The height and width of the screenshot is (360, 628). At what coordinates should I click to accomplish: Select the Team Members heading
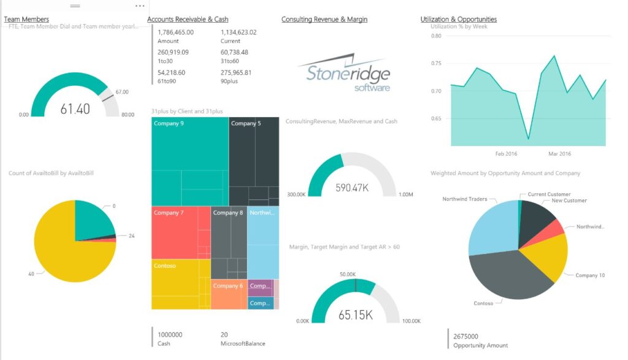[x=26, y=20]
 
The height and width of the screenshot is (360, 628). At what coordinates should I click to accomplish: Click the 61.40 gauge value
[x=75, y=109]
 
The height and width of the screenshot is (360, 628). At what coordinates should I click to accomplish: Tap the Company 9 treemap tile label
[x=169, y=124]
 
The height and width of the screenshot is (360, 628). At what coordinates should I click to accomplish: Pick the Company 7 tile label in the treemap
[x=169, y=213]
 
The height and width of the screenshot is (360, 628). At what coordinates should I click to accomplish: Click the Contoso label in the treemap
[x=165, y=266]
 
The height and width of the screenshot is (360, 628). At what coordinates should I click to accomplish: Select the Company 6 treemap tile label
[x=228, y=286]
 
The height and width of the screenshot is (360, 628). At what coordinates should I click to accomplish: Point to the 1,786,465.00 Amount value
[x=175, y=33]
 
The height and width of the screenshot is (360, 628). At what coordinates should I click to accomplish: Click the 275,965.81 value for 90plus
[x=236, y=72]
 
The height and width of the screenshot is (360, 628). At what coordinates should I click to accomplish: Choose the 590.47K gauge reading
[x=351, y=188]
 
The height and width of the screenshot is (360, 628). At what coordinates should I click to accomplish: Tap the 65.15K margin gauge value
[x=356, y=315]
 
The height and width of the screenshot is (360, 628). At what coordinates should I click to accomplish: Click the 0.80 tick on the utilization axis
[x=436, y=36]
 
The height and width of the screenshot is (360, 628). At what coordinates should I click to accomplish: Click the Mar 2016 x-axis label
[x=559, y=154]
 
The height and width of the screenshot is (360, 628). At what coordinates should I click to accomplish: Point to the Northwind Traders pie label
[x=465, y=199]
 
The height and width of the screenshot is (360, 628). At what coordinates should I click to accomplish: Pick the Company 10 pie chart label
[x=590, y=275]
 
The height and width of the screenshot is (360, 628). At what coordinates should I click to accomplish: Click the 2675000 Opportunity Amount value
[x=466, y=336]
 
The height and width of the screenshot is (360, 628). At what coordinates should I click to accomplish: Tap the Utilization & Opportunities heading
[x=459, y=20]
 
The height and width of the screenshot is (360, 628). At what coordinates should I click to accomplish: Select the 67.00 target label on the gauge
[x=122, y=92]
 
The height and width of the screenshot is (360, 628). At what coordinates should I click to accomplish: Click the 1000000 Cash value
[x=170, y=335]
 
